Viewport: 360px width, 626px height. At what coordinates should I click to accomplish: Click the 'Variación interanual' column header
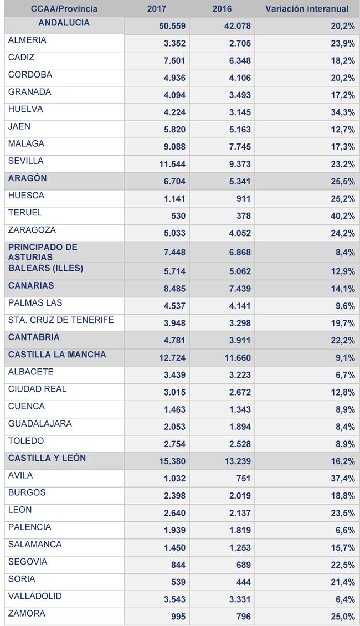[306, 9]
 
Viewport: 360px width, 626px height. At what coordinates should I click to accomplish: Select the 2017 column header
[156, 9]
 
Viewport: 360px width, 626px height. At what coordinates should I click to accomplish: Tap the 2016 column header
[222, 9]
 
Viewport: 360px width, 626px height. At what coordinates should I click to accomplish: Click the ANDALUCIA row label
[64, 23]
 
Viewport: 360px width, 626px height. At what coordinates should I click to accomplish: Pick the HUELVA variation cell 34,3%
[343, 112]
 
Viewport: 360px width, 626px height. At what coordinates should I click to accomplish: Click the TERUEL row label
[25, 212]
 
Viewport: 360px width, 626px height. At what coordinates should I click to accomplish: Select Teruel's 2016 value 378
[244, 216]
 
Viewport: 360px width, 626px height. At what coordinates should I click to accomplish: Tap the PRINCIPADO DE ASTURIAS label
[43, 252]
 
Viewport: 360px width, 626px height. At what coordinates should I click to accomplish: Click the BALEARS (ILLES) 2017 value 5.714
[174, 271]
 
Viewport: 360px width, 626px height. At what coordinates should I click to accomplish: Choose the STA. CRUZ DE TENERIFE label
[61, 320]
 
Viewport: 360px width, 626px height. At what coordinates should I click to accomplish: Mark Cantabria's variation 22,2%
[343, 341]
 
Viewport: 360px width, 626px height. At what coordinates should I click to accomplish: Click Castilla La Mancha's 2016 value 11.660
[238, 358]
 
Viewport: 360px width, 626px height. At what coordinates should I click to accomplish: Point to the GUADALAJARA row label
[40, 423]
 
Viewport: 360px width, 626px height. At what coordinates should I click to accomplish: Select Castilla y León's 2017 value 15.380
[172, 461]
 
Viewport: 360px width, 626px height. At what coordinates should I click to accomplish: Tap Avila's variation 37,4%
[343, 479]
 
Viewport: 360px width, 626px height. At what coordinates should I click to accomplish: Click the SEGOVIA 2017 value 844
[178, 565]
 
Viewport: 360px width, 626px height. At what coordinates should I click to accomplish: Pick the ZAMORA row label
[27, 613]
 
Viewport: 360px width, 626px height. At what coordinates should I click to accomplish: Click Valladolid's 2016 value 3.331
[240, 599]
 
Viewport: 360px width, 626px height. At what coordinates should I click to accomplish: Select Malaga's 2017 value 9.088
[174, 147]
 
